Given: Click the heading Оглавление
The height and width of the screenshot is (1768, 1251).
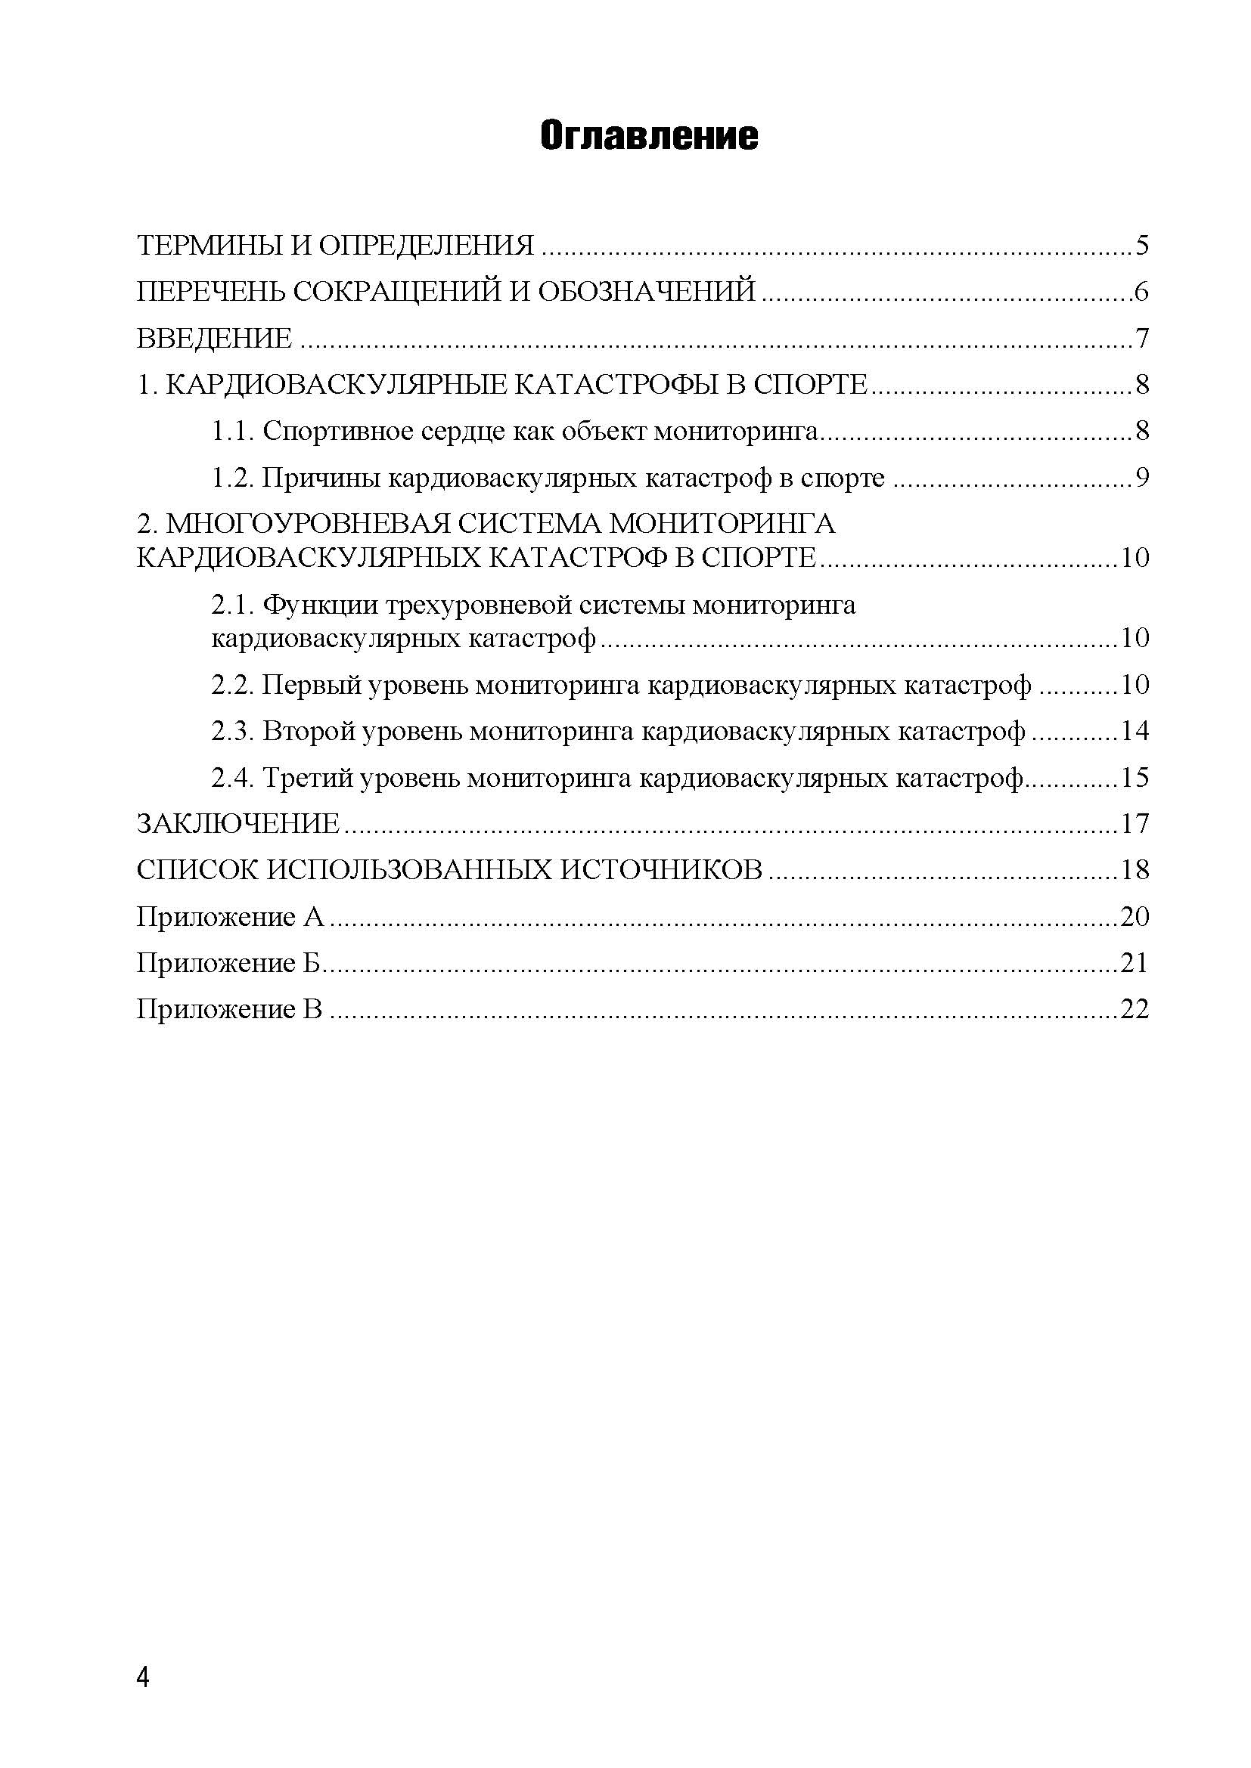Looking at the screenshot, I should [649, 135].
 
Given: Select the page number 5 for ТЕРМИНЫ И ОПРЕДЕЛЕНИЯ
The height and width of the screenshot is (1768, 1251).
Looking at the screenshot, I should [1141, 246].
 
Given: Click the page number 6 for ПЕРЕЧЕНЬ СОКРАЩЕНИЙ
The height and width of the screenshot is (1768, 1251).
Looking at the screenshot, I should [1141, 292].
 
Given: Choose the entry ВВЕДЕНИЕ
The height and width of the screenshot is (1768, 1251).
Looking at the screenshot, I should [214, 338].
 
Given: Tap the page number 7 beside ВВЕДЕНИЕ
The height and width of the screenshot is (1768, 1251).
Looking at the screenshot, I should [1141, 338].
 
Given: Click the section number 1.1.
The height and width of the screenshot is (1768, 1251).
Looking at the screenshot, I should [234, 431].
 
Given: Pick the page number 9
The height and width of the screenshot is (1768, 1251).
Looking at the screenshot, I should [1141, 478].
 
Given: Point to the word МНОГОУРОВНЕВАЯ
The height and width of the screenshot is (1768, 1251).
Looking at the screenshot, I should [308, 524].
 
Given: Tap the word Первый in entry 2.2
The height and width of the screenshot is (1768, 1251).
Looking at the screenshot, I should [311, 685].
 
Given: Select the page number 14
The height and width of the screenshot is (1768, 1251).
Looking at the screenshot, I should [1134, 731].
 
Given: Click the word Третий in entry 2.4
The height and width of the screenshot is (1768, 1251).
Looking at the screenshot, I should [309, 778].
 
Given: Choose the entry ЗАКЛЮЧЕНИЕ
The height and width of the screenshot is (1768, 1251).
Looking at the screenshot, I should [238, 824].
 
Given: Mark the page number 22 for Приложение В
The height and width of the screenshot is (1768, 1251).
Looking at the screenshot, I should [1134, 1009].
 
